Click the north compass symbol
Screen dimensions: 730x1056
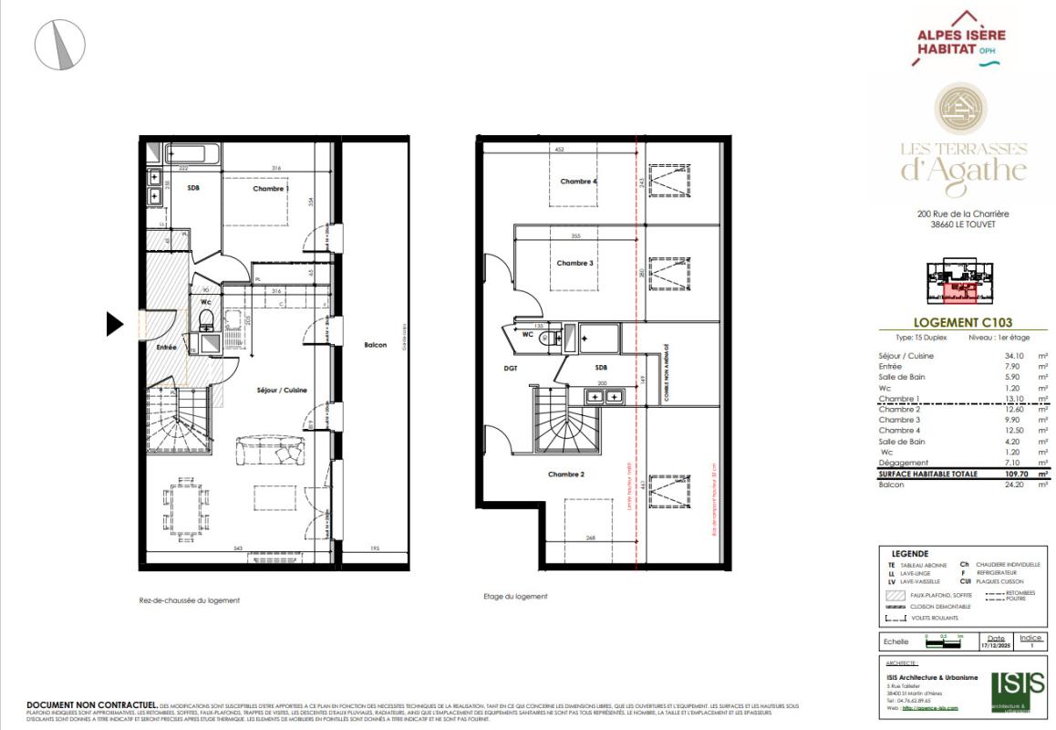[x=59, y=42]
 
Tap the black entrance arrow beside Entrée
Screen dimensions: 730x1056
[x=115, y=324]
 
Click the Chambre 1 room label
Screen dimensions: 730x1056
[x=271, y=189]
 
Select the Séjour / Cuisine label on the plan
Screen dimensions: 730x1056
[x=282, y=390]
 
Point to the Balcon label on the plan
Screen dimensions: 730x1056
[x=375, y=345]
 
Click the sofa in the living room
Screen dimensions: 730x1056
[x=272, y=451]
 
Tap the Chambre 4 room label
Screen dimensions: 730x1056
[x=578, y=182]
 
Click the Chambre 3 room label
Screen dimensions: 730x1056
[x=575, y=263]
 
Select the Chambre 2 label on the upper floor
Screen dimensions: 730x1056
[x=566, y=474]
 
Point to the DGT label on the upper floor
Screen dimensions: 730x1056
[x=511, y=369]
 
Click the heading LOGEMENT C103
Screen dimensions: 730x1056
[x=962, y=322]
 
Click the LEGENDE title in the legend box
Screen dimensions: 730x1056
[x=911, y=553]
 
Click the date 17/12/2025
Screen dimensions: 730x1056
[x=996, y=645]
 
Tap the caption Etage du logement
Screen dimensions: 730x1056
[x=515, y=596]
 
